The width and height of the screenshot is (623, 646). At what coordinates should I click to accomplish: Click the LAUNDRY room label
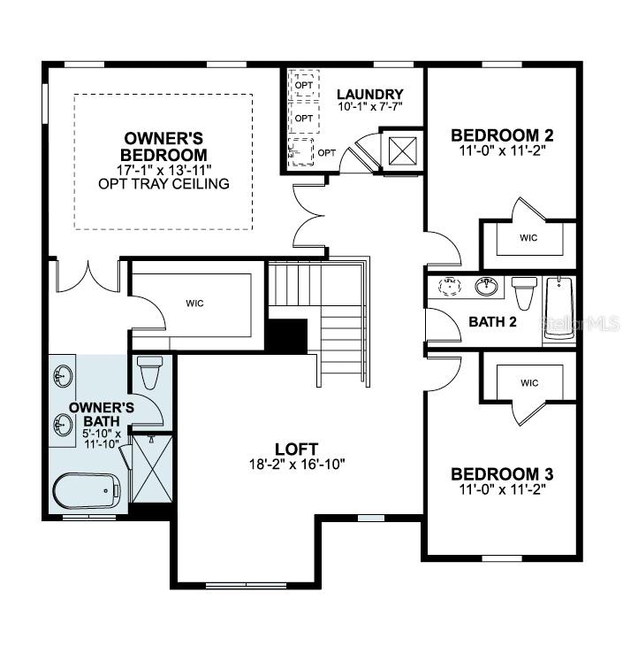pyautogui.click(x=370, y=95)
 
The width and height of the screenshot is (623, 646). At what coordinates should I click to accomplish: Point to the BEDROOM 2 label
pyautogui.click(x=502, y=135)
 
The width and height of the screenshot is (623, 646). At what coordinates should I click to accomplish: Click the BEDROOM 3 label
pyautogui.click(x=502, y=473)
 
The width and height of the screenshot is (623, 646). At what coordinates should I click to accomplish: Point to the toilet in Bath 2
pyautogui.click(x=523, y=291)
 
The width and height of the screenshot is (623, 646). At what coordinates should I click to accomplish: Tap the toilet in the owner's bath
pyautogui.click(x=148, y=373)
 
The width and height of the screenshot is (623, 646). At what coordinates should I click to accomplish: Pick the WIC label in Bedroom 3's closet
pyautogui.click(x=529, y=383)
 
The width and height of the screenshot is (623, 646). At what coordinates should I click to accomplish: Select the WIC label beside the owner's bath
pyautogui.click(x=195, y=304)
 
